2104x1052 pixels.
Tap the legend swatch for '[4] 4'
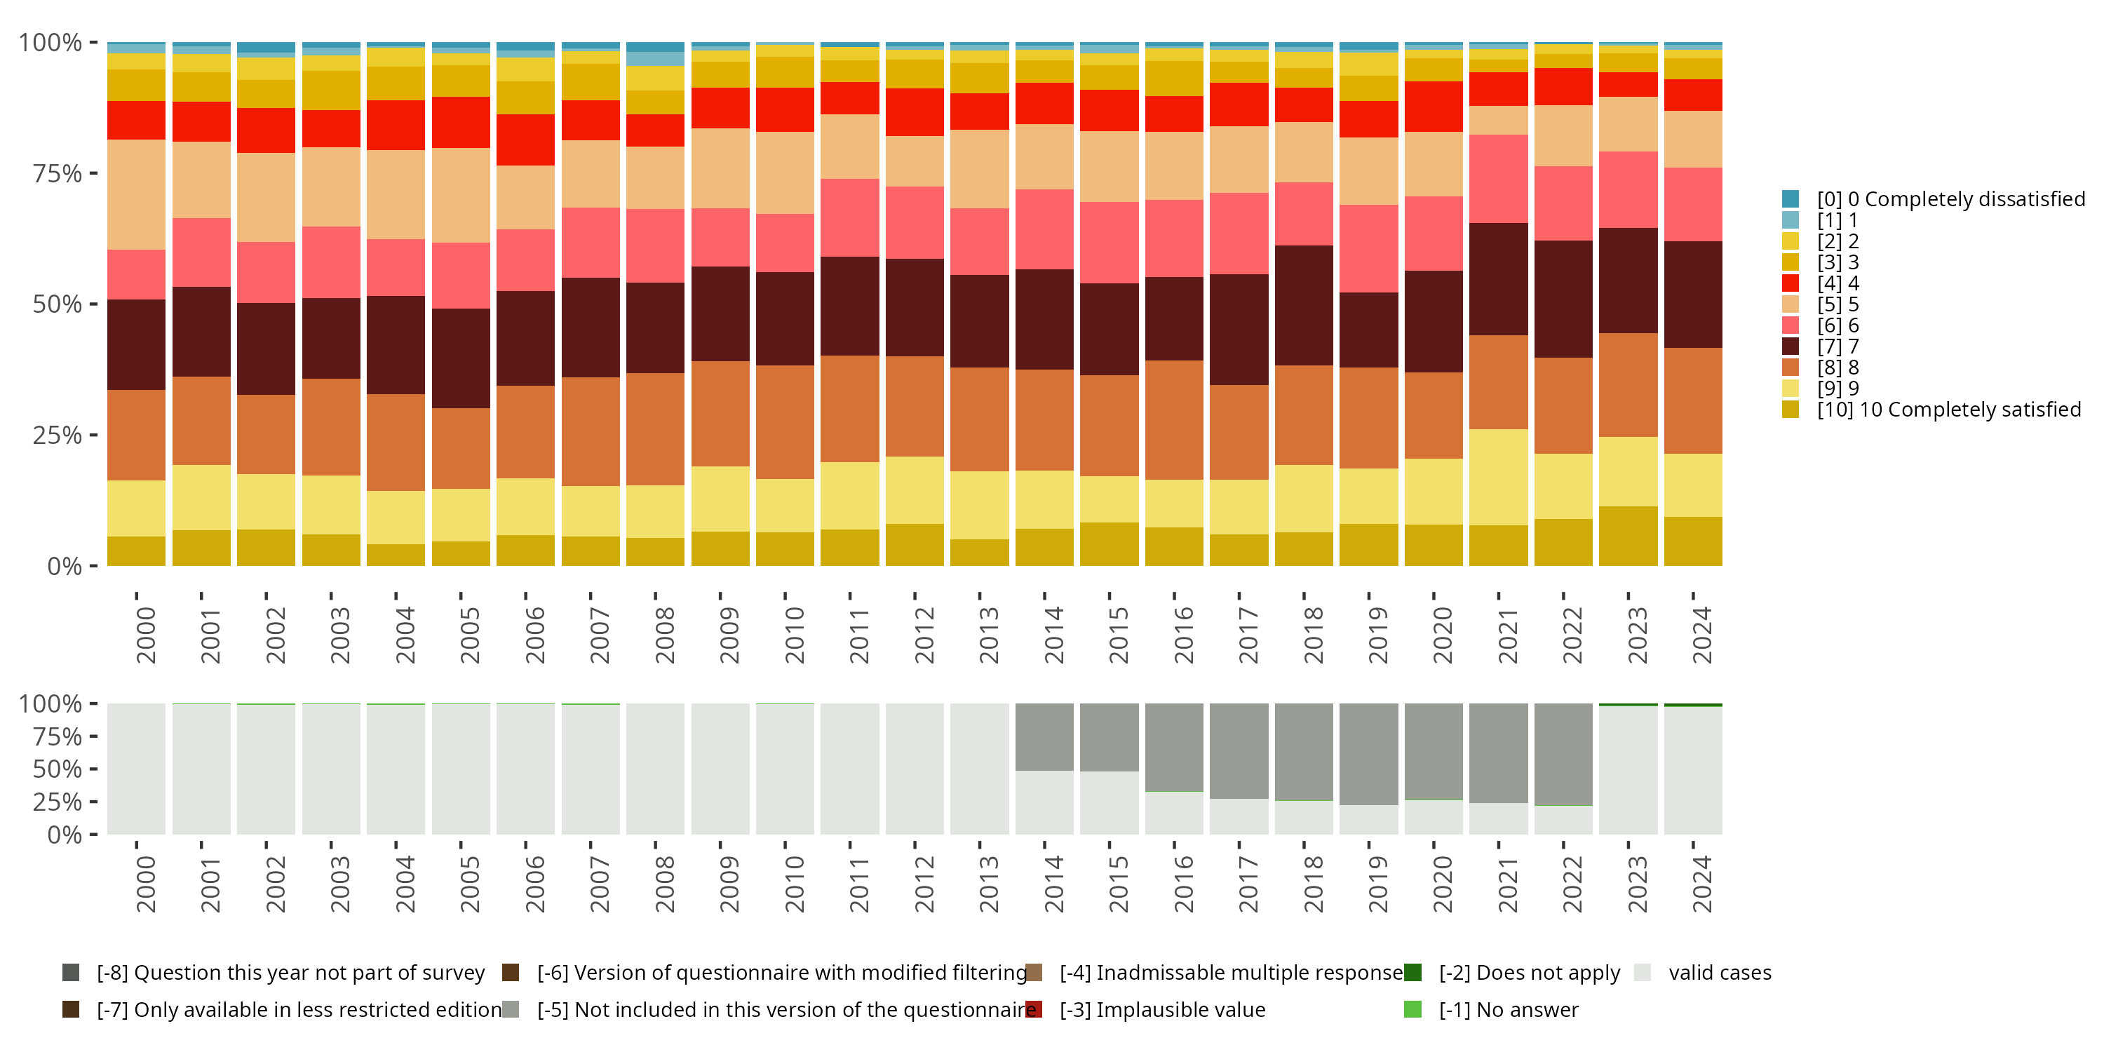click(x=1791, y=283)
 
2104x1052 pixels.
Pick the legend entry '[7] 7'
click(x=1837, y=346)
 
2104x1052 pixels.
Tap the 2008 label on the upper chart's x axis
click(x=664, y=635)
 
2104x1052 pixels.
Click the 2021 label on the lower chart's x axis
click(x=1507, y=884)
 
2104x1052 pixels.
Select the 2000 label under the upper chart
click(x=145, y=635)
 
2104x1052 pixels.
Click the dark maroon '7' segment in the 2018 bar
click(x=1304, y=306)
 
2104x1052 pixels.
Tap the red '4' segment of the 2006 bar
click(x=525, y=140)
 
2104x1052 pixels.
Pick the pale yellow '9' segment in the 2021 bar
click(x=1498, y=477)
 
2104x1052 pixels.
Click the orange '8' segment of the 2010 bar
click(x=785, y=422)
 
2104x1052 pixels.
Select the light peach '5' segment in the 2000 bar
click(x=136, y=194)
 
